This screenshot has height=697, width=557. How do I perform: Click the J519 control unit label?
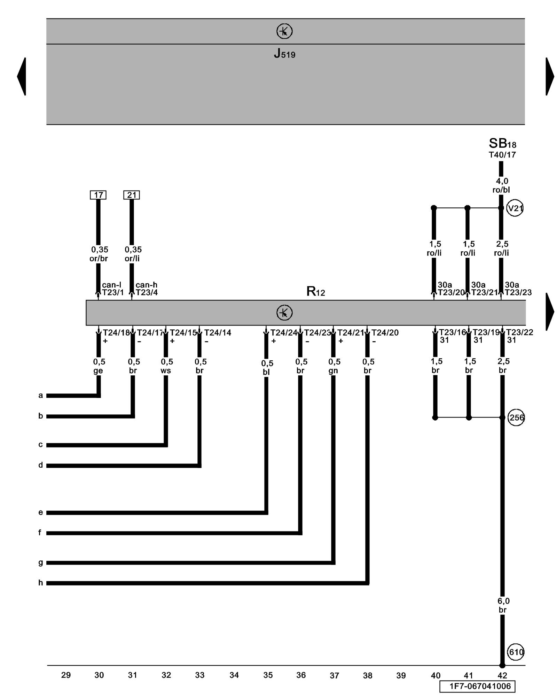(x=284, y=54)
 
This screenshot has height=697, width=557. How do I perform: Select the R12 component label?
(x=315, y=291)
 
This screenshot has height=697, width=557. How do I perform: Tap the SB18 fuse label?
(x=502, y=143)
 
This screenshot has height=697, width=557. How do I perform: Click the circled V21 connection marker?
(x=515, y=208)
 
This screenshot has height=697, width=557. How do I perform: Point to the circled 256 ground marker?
(x=516, y=418)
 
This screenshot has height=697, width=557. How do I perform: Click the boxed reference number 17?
(x=98, y=195)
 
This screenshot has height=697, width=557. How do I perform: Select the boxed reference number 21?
(x=132, y=195)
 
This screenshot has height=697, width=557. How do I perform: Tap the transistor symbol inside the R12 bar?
(x=284, y=313)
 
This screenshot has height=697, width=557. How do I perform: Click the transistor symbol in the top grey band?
(x=284, y=31)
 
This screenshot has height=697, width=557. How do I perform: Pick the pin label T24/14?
(x=218, y=333)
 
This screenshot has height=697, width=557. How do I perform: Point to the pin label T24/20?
(x=385, y=333)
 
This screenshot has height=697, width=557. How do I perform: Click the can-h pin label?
(x=146, y=285)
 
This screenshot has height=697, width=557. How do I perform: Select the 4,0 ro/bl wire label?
(x=501, y=185)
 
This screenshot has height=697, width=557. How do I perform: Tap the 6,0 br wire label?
(x=503, y=605)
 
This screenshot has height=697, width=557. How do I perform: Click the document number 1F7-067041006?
(x=477, y=686)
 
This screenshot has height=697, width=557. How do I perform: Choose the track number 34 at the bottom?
(x=234, y=675)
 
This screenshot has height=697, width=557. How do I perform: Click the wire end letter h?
(x=40, y=583)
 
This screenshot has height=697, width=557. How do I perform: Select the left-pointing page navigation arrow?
(x=22, y=76)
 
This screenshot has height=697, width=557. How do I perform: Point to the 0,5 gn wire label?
(x=334, y=366)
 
